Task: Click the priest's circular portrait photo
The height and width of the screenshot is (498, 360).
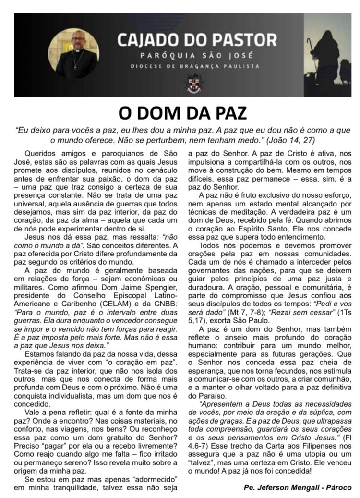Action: click(74, 53)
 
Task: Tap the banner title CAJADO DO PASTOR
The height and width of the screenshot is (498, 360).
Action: click(197, 40)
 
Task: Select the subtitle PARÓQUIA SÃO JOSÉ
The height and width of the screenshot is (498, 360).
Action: click(197, 55)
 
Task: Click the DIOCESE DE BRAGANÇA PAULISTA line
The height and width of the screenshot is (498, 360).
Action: click(196, 66)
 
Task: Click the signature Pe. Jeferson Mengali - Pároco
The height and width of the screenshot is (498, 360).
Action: click(298, 487)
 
